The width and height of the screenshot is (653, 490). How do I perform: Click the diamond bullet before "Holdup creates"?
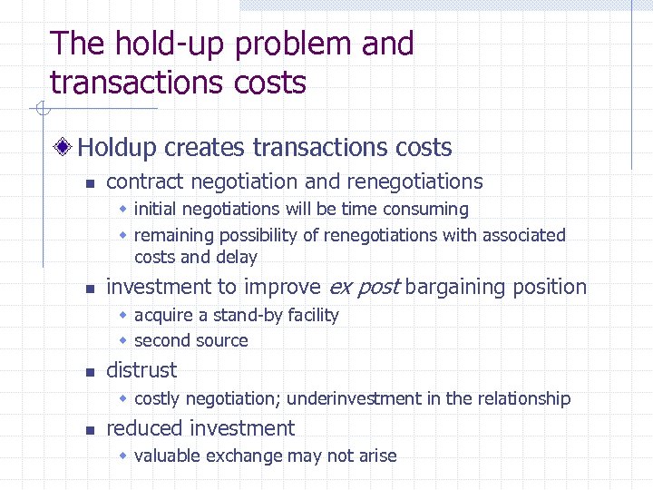click(x=63, y=147)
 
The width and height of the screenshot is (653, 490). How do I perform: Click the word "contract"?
click(x=143, y=181)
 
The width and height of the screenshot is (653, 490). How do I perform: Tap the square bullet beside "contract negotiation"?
click(x=88, y=183)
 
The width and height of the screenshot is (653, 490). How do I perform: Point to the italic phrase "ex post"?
click(x=363, y=288)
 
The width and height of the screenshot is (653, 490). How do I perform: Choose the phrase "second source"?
click(x=190, y=340)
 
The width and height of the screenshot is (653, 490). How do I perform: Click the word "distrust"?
click(x=141, y=370)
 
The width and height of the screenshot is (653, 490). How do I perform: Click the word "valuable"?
click(x=169, y=456)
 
